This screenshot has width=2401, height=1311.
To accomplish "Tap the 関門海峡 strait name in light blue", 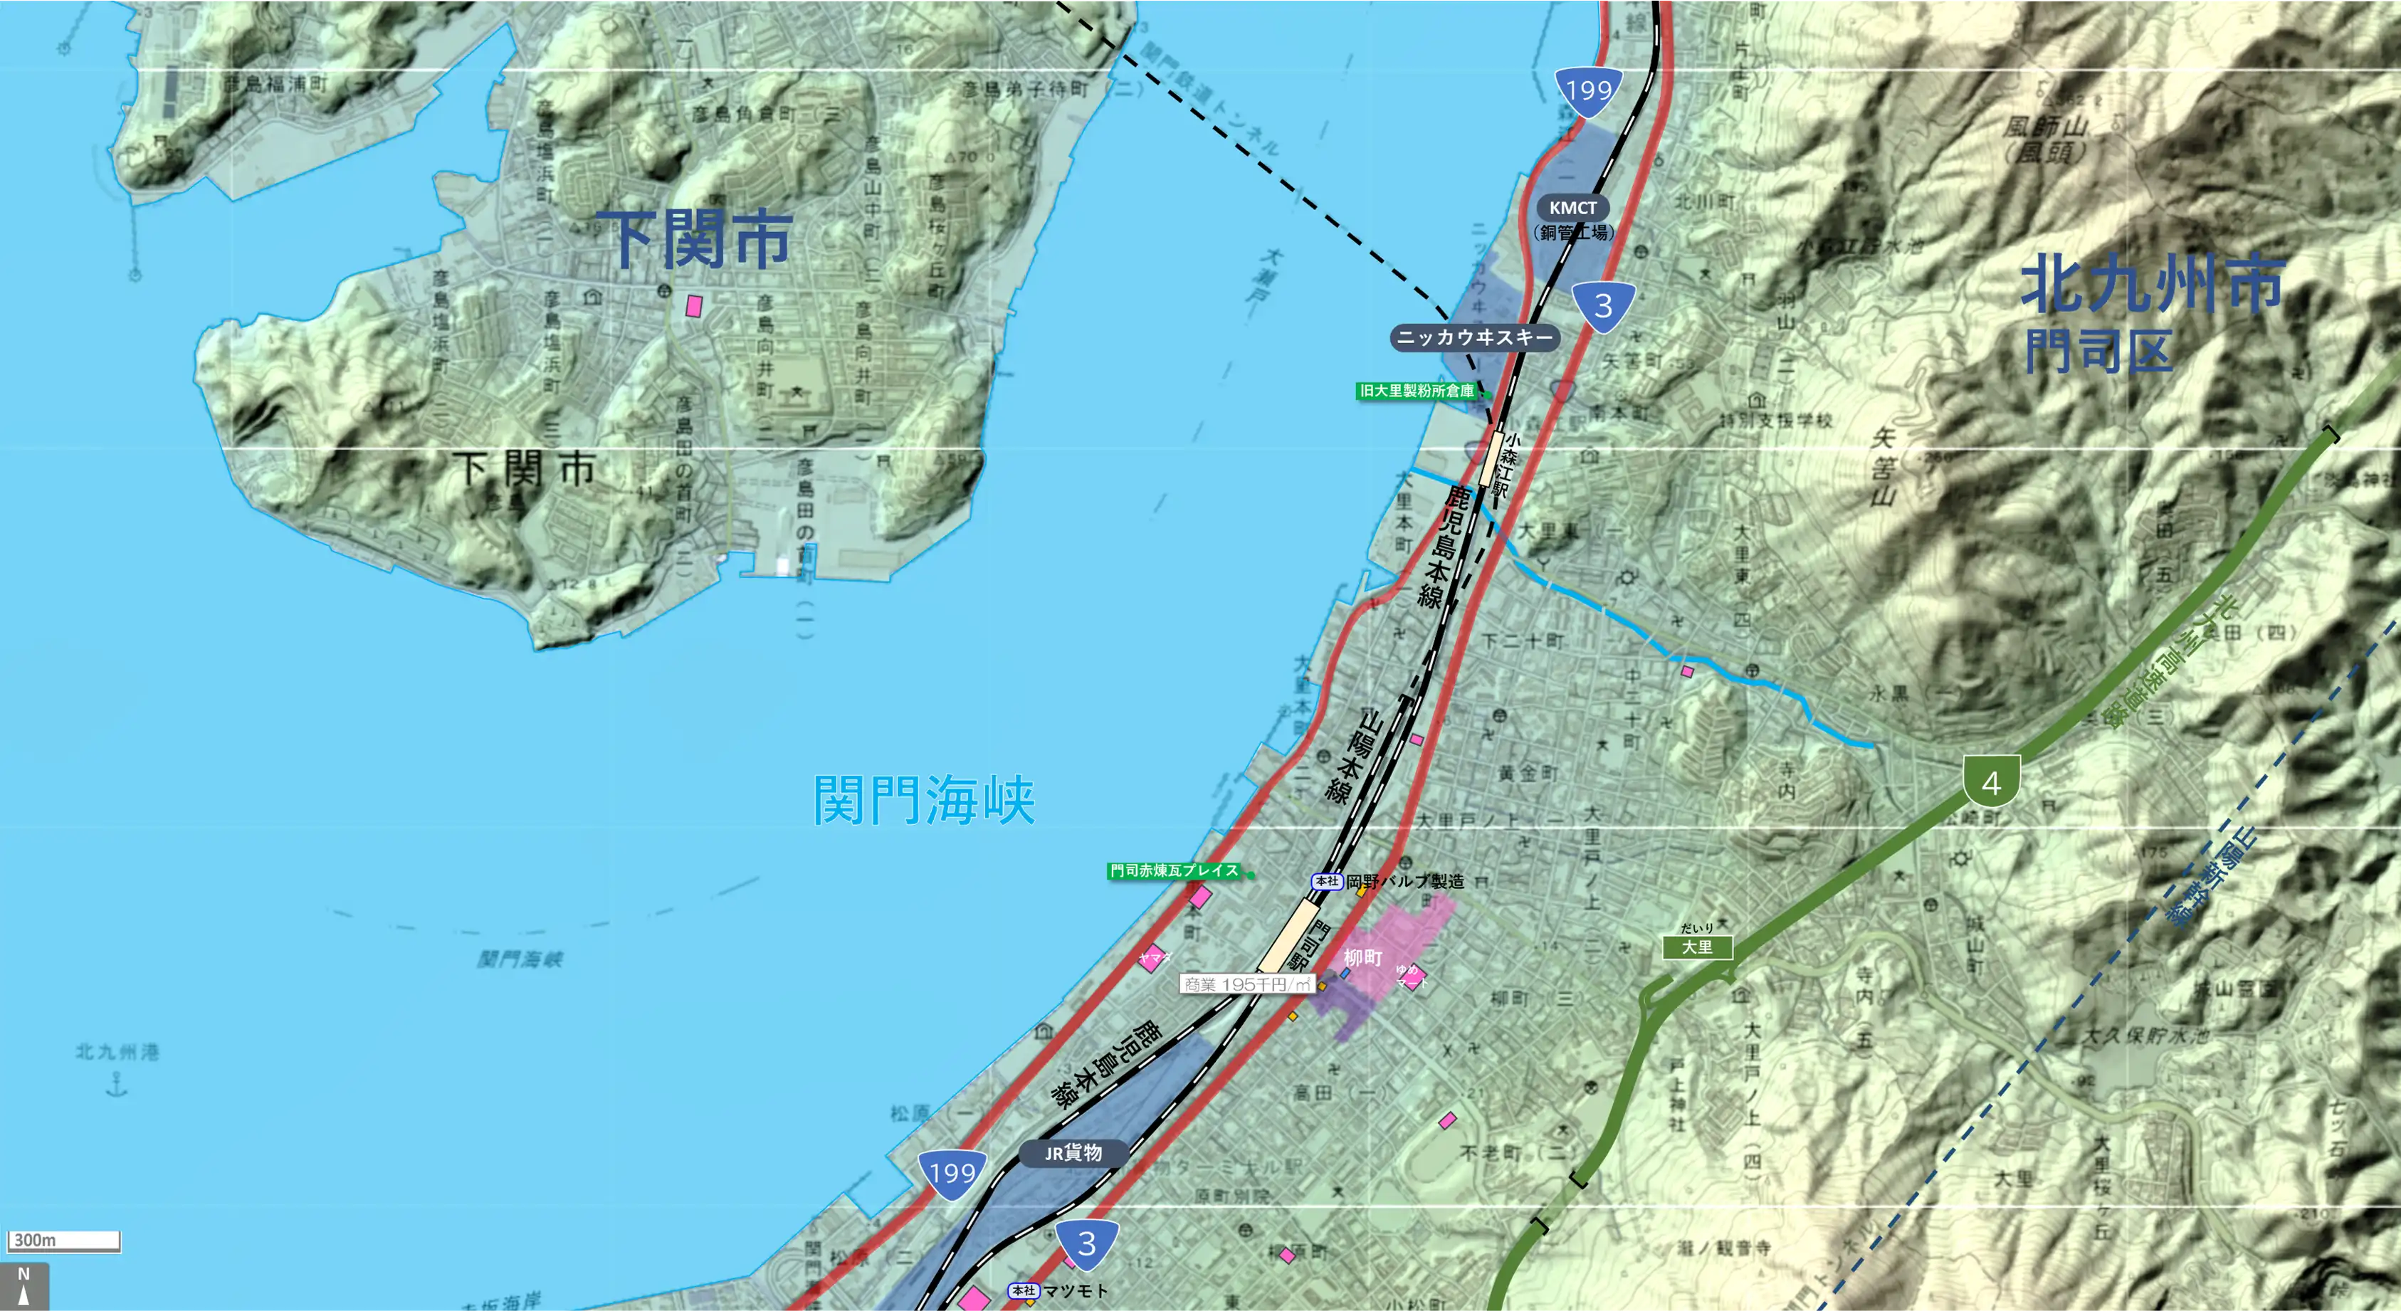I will [924, 799].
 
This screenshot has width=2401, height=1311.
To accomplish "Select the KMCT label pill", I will [1572, 208].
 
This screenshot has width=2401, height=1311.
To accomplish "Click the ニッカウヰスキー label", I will [1474, 337].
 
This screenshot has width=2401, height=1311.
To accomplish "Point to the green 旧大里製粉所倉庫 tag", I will [1417, 391].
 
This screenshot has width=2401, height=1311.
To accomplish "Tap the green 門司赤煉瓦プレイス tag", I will [1175, 871].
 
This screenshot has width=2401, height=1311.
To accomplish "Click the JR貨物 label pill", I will [1073, 1154].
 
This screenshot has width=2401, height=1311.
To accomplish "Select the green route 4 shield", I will [1991, 781].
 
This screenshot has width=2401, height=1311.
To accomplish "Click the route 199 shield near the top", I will [1588, 90].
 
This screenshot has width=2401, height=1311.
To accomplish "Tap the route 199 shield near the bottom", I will [952, 1173].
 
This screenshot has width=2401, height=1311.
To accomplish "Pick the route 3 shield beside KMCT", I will [1603, 305].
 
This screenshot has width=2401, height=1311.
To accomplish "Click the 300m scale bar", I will [64, 1241].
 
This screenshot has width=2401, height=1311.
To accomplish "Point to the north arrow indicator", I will [24, 1286].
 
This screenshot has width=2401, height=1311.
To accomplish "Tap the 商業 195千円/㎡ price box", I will [1247, 984].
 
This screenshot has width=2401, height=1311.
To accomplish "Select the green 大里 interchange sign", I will [1697, 947].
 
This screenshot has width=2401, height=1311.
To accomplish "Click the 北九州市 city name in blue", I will [2152, 283].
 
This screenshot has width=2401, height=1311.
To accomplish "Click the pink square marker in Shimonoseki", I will [693, 305].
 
